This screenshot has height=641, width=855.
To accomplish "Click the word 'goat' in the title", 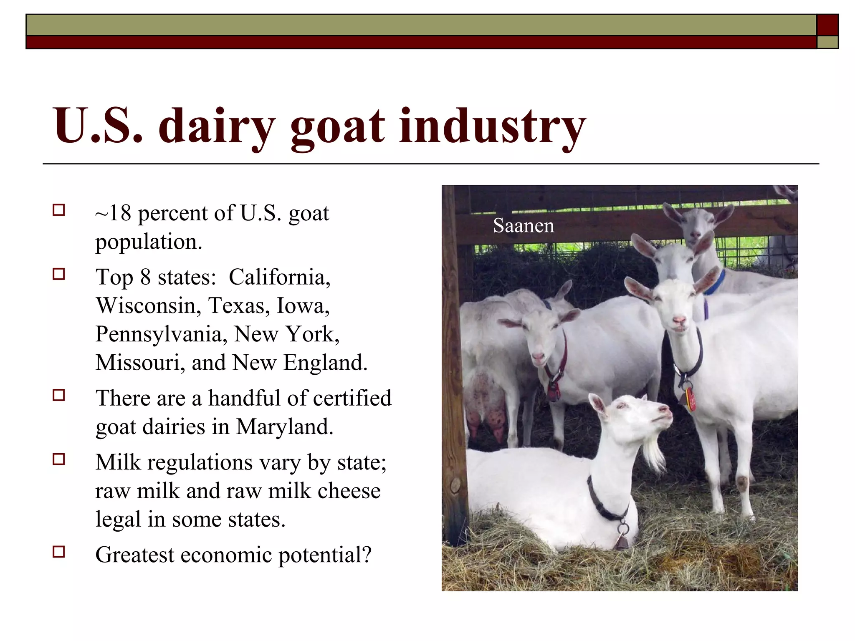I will pos(337,127).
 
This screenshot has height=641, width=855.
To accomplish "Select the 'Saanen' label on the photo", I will pos(524,226).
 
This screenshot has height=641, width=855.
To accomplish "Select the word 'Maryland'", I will pos(284,427).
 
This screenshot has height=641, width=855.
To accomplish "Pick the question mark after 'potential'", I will pos(367,555).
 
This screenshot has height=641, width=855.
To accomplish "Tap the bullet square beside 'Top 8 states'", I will pos(59,274).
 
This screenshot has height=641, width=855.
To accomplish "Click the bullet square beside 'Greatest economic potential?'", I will pos(59,552).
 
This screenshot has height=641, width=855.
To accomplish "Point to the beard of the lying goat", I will pos(653,455).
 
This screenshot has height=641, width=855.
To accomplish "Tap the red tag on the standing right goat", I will pos(691,399).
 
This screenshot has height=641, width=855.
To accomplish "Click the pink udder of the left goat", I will pos(484,401).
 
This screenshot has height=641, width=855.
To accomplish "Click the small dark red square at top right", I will pos(827,25).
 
